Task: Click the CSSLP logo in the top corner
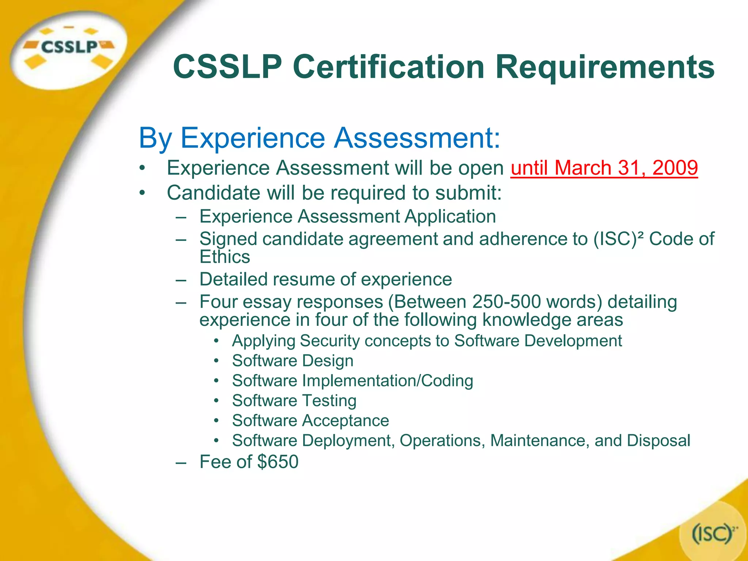(x=69, y=47)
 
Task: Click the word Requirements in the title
(x=605, y=67)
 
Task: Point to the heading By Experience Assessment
(x=319, y=138)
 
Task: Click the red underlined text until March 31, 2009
(x=604, y=168)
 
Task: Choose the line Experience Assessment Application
(x=347, y=217)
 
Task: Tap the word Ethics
(x=225, y=257)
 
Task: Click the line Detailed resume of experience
(x=325, y=279)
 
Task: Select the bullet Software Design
(x=293, y=361)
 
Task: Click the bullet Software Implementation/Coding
(x=352, y=381)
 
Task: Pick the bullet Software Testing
(x=294, y=401)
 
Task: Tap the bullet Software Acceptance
(x=310, y=421)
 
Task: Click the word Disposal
(x=659, y=440)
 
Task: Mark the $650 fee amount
(x=278, y=462)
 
